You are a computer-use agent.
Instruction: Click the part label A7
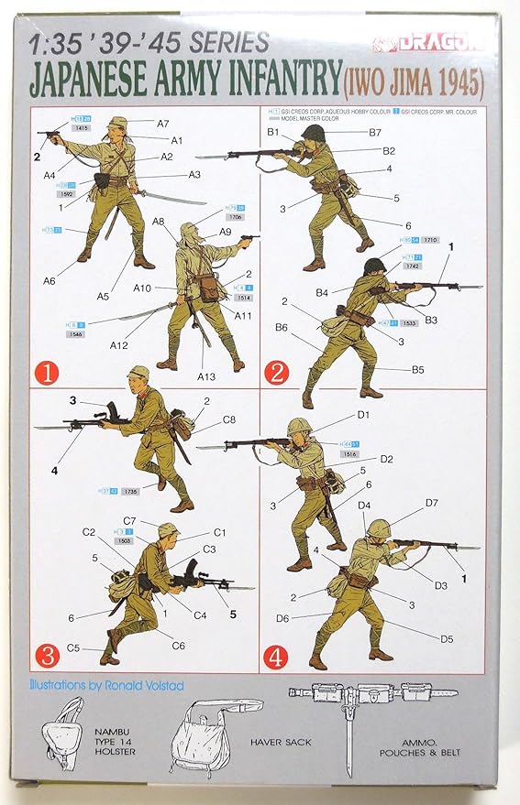tap(162, 123)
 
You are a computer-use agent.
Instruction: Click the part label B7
tap(375, 133)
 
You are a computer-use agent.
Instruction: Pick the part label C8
tap(228, 421)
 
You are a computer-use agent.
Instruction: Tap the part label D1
tap(363, 415)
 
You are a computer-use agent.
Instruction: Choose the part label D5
tap(447, 638)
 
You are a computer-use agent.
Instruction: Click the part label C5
tap(72, 648)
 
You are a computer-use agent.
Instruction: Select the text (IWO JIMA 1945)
tap(414, 82)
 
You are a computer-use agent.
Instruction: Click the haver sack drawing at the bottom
tap(211, 742)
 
